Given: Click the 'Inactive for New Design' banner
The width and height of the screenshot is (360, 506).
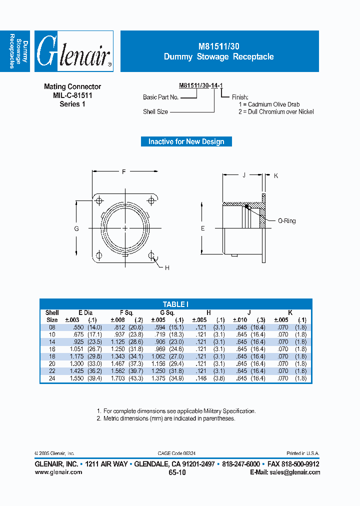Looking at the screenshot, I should (186, 141).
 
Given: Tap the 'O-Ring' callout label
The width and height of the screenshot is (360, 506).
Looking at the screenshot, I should (286, 220).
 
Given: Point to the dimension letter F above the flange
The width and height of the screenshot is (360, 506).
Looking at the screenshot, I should (123, 172).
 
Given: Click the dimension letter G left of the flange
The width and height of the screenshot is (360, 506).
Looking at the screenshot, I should (76, 228).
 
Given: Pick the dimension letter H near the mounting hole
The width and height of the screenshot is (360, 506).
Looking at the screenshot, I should (167, 268).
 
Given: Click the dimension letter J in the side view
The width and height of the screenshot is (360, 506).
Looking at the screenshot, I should (243, 175).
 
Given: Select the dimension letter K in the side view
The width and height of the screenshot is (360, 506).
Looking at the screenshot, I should (276, 175).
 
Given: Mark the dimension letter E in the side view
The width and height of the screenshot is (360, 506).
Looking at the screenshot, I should (202, 228).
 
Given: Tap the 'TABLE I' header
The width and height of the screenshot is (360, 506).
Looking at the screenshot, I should (175, 304).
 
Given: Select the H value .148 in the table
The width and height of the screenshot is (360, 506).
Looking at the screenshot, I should (199, 378).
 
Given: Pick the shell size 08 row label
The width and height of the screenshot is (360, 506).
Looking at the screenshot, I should (52, 327).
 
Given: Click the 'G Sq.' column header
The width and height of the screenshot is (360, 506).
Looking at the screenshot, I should (164, 312).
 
